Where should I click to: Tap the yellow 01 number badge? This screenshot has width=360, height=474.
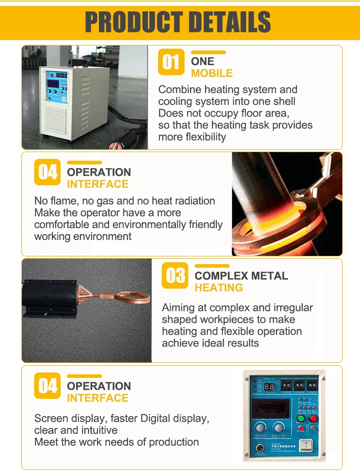click(171, 61)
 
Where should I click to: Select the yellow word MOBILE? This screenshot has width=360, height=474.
click(211, 73)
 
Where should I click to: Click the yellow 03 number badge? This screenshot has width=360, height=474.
click(175, 275)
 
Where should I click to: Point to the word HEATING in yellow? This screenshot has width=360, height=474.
click(219, 288)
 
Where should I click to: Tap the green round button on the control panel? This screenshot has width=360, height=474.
click(301, 418)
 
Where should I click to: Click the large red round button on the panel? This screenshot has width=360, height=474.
click(313, 418)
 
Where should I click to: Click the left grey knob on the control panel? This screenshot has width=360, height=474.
click(260, 428)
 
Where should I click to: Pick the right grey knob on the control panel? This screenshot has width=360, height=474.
click(278, 428)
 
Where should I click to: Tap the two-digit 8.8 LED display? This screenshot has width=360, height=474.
click(269, 387)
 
